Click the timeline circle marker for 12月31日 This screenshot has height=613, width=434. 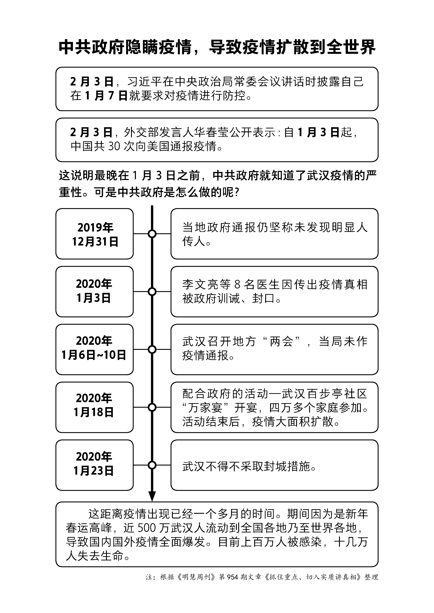[x=152, y=234]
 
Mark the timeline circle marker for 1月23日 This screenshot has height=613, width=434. [x=152, y=465]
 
